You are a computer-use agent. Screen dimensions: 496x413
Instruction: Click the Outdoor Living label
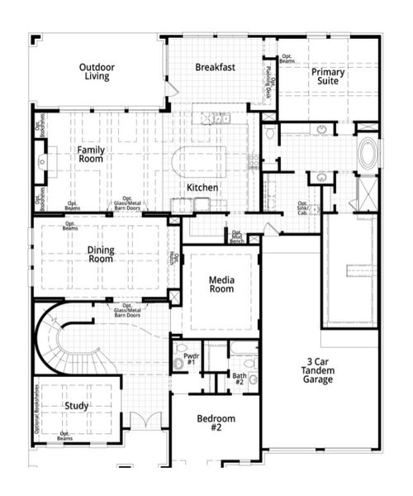[97, 72]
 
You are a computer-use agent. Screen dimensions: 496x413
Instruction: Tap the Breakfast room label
[216, 67]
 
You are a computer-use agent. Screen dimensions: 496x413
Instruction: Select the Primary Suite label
[328, 77]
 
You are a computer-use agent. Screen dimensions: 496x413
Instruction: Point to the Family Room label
[90, 155]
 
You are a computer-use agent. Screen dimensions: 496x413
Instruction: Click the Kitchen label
[202, 188]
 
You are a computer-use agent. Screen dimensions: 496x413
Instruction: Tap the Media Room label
[221, 284]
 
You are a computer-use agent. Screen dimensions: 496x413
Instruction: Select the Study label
[75, 406]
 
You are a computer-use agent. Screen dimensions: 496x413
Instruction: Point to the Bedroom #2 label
[216, 422]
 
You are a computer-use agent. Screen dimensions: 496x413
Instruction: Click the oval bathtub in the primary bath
[368, 153]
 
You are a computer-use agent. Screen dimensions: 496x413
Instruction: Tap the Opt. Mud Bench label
[238, 236]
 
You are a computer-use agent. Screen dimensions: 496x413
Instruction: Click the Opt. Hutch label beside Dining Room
[173, 258]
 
